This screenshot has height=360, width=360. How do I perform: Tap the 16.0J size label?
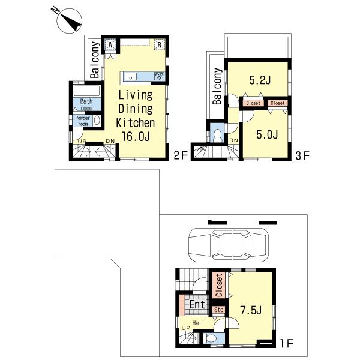point(136,137)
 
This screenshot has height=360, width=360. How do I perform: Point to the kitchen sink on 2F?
point(131,76)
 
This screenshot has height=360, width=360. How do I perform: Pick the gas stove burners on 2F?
point(160,76)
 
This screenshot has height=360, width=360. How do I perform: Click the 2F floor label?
point(181,156)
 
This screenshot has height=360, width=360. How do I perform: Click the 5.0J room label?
point(267,134)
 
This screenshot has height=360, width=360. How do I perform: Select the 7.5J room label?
point(251,310)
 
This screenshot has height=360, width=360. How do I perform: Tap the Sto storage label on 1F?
point(219,310)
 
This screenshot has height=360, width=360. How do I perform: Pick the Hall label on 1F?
point(199,323)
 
